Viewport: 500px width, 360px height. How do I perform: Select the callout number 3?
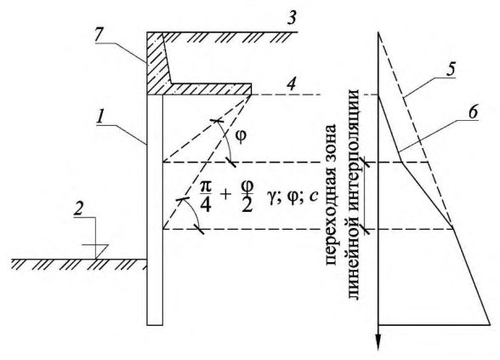(x=291, y=18)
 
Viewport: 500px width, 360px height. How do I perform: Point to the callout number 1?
(x=100, y=117)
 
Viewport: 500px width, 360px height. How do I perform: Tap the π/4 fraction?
(x=206, y=197)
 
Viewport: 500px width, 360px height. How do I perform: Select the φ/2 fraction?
(x=247, y=197)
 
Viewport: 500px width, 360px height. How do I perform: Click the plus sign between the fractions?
(x=226, y=195)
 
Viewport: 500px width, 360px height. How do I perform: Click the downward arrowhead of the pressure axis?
(x=378, y=342)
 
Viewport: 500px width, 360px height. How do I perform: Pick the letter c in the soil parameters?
(x=313, y=197)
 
